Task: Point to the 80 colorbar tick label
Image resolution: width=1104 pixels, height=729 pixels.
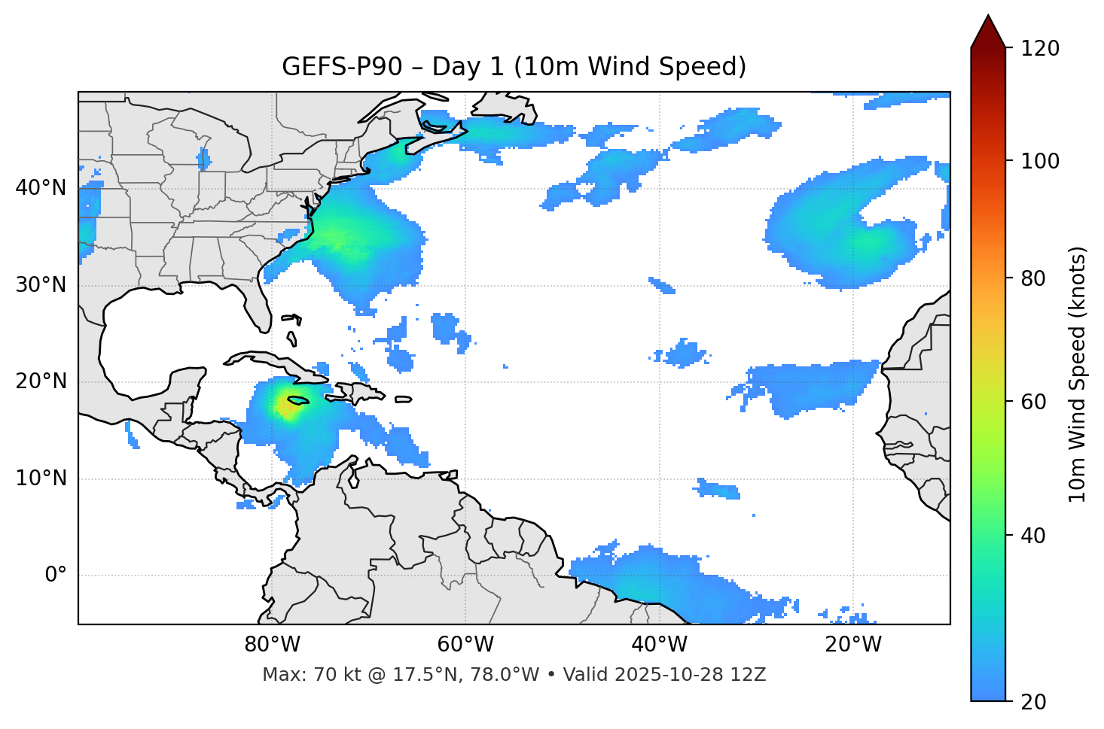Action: [1035, 278]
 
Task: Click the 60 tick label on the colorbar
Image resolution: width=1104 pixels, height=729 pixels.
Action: [1035, 402]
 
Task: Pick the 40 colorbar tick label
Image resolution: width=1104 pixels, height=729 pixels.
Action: [1035, 536]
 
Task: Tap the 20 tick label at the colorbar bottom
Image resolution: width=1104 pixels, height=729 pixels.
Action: [1035, 702]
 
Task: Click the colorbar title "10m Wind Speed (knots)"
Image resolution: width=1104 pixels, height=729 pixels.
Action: [1078, 374]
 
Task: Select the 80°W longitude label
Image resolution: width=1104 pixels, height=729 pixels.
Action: [272, 645]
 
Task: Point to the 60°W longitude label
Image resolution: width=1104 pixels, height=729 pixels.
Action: [465, 645]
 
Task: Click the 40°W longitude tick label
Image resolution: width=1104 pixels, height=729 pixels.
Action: [660, 645]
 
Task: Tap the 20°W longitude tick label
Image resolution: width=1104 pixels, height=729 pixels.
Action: [853, 645]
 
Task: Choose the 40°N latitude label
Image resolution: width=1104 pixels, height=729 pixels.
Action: [41, 188]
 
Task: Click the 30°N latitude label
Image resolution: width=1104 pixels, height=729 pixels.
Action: [41, 285]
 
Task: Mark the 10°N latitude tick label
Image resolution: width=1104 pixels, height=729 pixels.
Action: [41, 478]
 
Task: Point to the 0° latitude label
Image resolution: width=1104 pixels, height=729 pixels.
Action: [56, 576]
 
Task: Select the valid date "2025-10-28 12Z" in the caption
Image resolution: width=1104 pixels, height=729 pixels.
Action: [689, 675]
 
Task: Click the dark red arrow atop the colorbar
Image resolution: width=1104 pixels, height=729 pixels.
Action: [988, 32]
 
